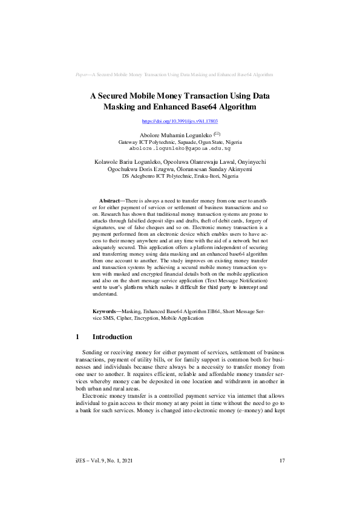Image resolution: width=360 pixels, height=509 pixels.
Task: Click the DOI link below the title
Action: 180,122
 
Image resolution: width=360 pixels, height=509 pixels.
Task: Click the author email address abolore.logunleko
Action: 180,148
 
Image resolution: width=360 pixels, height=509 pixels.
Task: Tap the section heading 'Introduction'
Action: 111,337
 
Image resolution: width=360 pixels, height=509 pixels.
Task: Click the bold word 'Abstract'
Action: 110,199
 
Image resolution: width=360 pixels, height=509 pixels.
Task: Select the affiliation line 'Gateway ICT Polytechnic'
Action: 180,141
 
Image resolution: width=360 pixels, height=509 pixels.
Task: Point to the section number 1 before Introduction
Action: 78,337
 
